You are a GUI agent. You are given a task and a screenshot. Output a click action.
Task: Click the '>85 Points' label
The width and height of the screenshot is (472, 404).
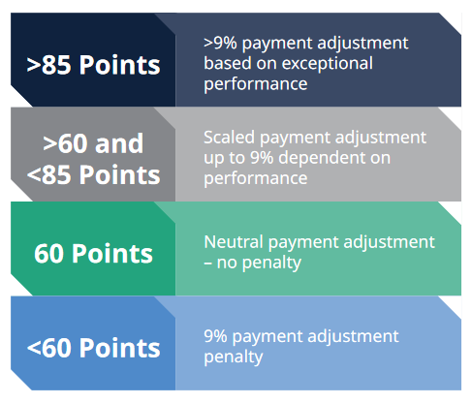93,65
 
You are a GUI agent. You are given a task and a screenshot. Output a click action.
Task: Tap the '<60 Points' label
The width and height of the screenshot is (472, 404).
93,348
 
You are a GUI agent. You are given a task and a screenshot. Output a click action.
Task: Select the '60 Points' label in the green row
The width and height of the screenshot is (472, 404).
93,254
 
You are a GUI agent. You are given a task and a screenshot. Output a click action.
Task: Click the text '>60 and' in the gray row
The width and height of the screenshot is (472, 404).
93,143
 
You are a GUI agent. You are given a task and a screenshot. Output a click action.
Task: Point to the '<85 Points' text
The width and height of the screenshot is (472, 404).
93,174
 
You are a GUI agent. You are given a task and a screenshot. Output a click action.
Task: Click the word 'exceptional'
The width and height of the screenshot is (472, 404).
328,64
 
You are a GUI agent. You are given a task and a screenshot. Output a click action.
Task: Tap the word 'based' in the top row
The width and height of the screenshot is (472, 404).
228,63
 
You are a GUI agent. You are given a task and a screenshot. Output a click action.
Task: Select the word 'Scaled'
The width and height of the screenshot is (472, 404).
229,138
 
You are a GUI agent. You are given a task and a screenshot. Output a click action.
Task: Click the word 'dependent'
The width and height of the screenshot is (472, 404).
324,159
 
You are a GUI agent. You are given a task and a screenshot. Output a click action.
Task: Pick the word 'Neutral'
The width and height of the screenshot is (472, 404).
234,242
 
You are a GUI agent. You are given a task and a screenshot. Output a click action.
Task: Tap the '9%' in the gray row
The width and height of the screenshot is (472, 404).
262,158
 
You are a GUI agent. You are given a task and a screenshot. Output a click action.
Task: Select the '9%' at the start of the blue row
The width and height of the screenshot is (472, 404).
215,336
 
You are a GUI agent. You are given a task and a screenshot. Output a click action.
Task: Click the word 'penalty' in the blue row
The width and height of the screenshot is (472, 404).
234,357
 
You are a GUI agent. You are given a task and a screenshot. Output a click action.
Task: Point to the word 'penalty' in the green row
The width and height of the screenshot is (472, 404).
271,264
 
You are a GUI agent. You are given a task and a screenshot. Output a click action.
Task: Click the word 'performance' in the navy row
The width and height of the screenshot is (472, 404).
256,85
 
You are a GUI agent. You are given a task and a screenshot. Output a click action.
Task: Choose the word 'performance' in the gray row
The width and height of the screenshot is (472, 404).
256,179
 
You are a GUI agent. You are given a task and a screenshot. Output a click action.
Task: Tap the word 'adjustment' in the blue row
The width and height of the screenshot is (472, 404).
353,337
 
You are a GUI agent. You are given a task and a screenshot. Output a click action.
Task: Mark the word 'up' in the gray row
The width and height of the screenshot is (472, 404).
214,160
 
